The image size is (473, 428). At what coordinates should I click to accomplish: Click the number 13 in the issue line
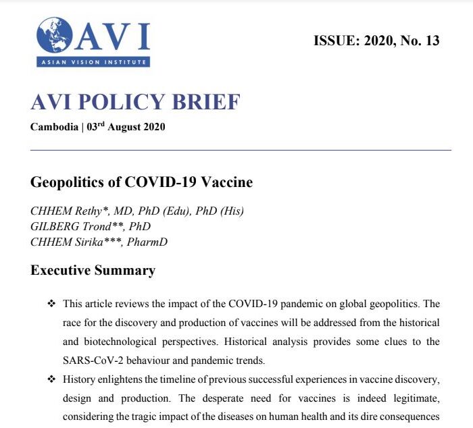click(431, 41)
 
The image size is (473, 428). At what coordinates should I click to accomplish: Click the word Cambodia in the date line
click(54, 128)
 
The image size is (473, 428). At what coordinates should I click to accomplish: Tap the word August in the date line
click(122, 128)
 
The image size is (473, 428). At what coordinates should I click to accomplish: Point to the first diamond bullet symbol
click(51, 304)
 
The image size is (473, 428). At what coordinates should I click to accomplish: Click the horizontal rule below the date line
click(241, 150)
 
